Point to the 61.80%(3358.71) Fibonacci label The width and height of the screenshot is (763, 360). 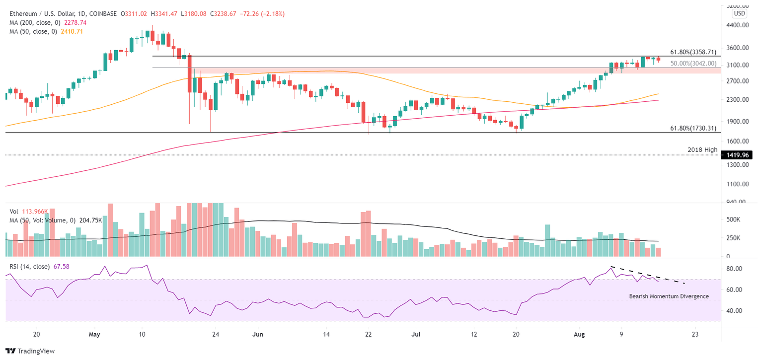(693, 52)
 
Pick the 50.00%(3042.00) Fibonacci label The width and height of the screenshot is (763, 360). (693, 64)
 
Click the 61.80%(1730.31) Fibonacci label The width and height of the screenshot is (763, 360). (693, 128)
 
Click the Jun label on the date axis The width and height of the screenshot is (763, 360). (259, 334)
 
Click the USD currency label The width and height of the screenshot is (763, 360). (740, 13)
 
